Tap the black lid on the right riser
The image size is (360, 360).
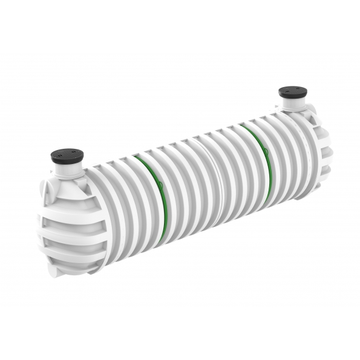(x=292, y=93)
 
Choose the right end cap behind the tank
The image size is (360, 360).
(x=321, y=145)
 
